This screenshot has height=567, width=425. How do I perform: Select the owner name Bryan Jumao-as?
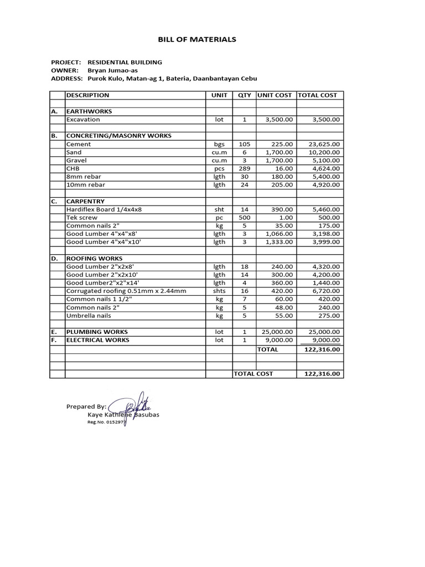click(x=113, y=70)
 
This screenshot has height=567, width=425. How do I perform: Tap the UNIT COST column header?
click(x=276, y=95)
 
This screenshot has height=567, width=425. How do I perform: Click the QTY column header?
click(x=244, y=95)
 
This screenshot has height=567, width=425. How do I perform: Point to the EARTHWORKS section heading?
click(x=89, y=111)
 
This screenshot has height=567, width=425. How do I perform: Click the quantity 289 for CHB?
click(x=244, y=168)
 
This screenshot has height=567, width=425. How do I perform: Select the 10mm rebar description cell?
click(x=86, y=185)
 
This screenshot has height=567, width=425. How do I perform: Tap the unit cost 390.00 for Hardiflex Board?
click(x=282, y=209)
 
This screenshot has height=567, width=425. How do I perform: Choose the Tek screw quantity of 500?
click(x=244, y=218)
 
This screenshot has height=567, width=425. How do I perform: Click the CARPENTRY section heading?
click(x=85, y=202)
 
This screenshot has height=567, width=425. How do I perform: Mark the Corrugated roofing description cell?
click(x=126, y=291)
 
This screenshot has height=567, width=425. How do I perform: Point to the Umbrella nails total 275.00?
click(x=329, y=316)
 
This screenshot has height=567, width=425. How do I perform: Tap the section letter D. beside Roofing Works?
click(x=55, y=259)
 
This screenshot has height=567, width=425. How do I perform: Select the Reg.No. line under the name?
click(x=107, y=422)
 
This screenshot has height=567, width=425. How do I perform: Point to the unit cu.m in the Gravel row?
click(x=220, y=161)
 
